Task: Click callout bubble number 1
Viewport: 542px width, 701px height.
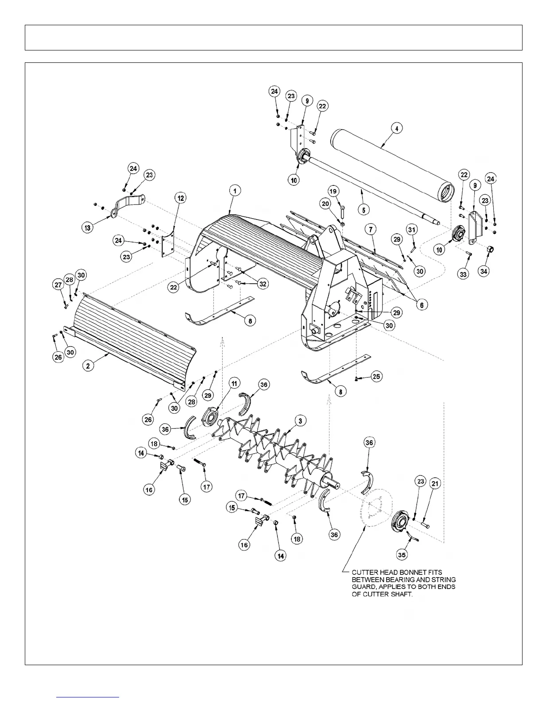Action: pyautogui.click(x=235, y=191)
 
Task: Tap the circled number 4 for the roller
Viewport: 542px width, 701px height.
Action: pyautogui.click(x=396, y=129)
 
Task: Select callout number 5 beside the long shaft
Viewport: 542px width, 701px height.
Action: pyautogui.click(x=363, y=210)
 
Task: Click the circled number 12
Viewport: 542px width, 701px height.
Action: pyautogui.click(x=181, y=199)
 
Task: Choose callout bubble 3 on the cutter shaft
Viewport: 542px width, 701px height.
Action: pyautogui.click(x=300, y=421)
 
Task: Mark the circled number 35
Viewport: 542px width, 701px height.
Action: pyautogui.click(x=402, y=554)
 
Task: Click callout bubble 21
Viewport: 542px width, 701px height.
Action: pyautogui.click(x=435, y=484)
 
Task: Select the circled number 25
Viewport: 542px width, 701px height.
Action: pyautogui.click(x=376, y=377)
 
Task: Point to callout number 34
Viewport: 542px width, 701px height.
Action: pyautogui.click(x=484, y=271)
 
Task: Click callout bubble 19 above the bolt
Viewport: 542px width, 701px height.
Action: pyautogui.click(x=333, y=191)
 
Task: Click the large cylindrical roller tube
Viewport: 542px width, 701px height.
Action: pyautogui.click(x=390, y=164)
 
